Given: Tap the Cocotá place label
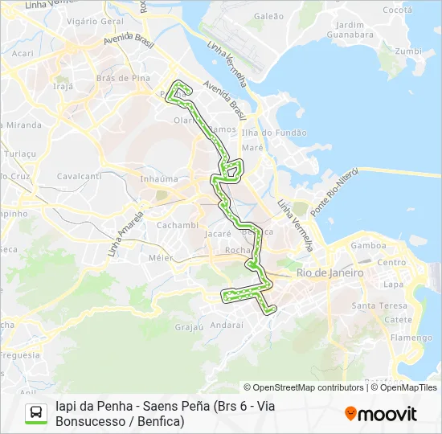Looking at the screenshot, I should tap(398, 10).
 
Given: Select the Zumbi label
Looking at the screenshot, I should tap(408, 51).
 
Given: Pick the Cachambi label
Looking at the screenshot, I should tap(177, 225).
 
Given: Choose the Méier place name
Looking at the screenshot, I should tap(161, 258).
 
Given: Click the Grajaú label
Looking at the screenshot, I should tap(188, 327).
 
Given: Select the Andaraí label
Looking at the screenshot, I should tap(226, 325).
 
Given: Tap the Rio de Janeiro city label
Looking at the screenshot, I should tap(330, 273).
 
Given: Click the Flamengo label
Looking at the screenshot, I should tap(409, 338).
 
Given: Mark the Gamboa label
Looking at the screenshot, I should tap(368, 245).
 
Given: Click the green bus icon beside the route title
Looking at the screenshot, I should tap(37, 413).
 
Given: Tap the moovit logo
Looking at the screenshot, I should tap(381, 414).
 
